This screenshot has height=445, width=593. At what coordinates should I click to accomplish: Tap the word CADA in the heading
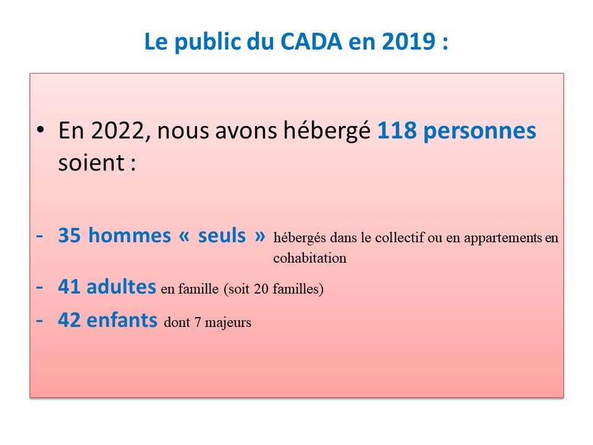(311, 41)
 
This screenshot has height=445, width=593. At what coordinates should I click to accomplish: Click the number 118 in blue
(397, 130)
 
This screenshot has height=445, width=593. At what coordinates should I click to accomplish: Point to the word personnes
(479, 132)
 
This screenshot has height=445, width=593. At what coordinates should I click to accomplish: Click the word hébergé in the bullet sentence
(327, 130)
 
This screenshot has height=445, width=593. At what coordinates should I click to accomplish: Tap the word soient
(91, 163)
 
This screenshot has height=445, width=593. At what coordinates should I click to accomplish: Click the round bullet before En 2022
(41, 130)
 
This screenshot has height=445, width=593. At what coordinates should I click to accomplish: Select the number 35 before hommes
(69, 235)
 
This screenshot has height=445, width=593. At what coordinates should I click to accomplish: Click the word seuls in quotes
(222, 235)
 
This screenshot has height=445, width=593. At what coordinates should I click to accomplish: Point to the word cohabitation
(309, 258)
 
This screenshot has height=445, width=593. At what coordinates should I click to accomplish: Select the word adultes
(122, 286)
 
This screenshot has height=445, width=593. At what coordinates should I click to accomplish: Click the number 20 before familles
(261, 289)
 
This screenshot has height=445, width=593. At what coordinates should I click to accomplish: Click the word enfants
(122, 320)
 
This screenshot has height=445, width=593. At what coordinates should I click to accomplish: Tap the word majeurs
(228, 323)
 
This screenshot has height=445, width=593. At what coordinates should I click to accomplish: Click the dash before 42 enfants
(40, 321)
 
